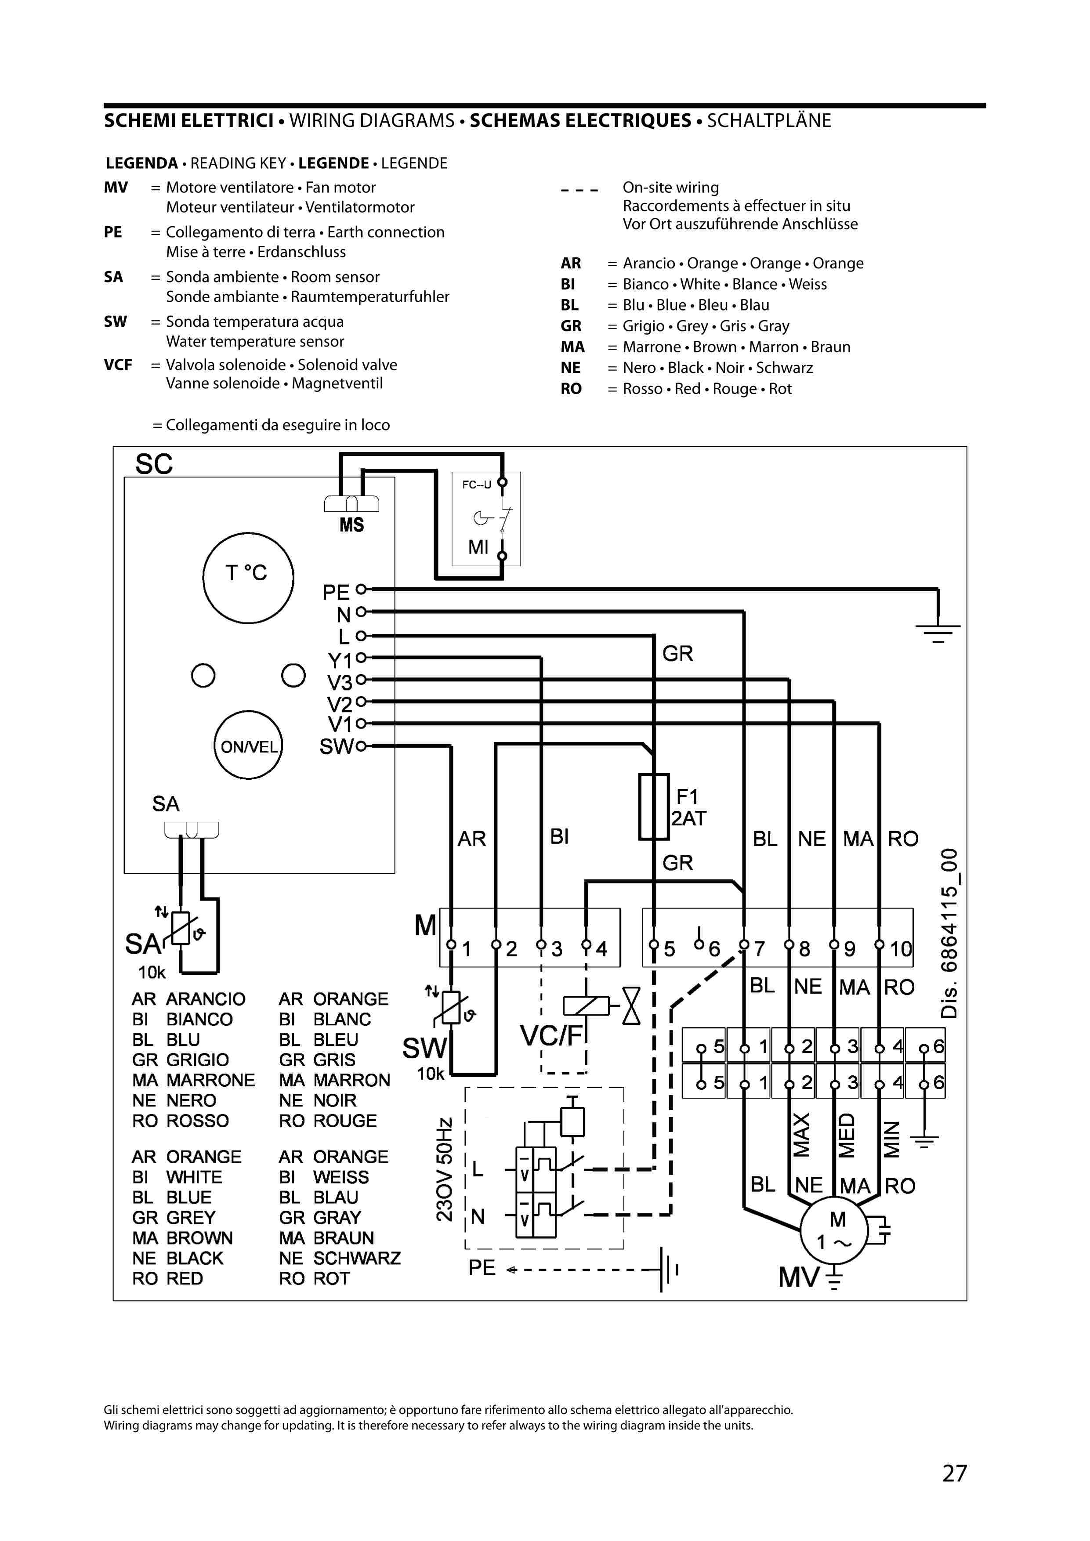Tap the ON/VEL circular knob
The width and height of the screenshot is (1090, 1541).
click(x=248, y=745)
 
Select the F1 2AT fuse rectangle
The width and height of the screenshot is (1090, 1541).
click(x=653, y=807)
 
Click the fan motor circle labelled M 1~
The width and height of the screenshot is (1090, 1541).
click(x=835, y=1230)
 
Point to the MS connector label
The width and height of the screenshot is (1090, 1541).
click(x=351, y=525)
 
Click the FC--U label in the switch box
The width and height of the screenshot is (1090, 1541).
click(x=477, y=484)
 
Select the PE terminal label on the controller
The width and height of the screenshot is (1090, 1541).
click(x=336, y=593)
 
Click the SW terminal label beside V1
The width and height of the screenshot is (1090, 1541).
click(x=336, y=746)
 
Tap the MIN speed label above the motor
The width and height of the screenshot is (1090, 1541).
click(x=891, y=1139)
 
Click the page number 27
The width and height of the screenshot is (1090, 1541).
click(x=954, y=1473)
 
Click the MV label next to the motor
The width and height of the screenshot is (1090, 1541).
click(x=799, y=1277)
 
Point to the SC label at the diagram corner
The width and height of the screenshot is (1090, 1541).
click(x=154, y=464)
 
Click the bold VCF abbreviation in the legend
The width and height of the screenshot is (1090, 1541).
click(x=118, y=365)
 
